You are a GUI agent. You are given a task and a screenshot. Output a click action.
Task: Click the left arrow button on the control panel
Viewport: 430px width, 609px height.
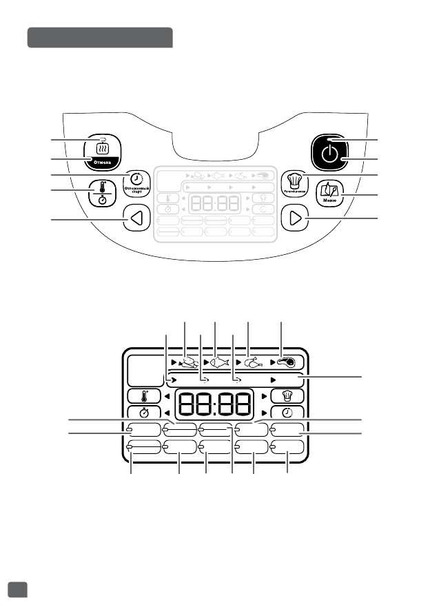[136, 220]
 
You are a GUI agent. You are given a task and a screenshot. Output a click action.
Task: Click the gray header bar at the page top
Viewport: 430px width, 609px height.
[99, 38]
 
